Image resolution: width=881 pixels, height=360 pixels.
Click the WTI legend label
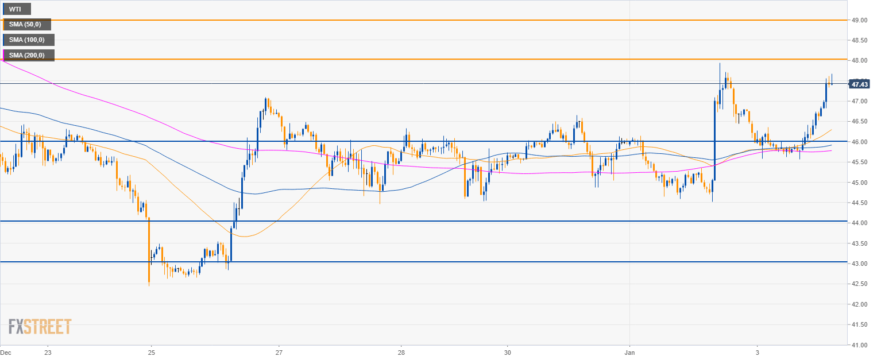pos(16,9)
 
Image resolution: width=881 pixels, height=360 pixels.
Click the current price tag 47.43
pos(859,84)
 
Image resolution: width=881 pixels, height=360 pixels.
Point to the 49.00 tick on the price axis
pos(859,20)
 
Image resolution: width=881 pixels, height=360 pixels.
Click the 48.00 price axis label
pos(859,60)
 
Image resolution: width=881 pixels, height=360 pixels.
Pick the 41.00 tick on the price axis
pos(859,345)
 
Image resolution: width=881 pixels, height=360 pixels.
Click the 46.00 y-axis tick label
pos(859,142)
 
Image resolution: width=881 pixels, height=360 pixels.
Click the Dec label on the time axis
pos(6,351)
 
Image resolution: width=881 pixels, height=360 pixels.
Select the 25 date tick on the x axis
pos(150,351)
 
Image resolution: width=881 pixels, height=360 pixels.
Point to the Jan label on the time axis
pos(629,351)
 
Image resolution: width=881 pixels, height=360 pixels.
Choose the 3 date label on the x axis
pos(757,351)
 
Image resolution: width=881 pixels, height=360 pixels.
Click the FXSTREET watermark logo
pos(40,327)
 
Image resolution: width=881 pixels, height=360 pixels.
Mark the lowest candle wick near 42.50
pos(149,284)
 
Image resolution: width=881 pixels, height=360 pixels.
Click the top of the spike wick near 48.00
pos(720,64)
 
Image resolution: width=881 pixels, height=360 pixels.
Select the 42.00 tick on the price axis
pos(859,304)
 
